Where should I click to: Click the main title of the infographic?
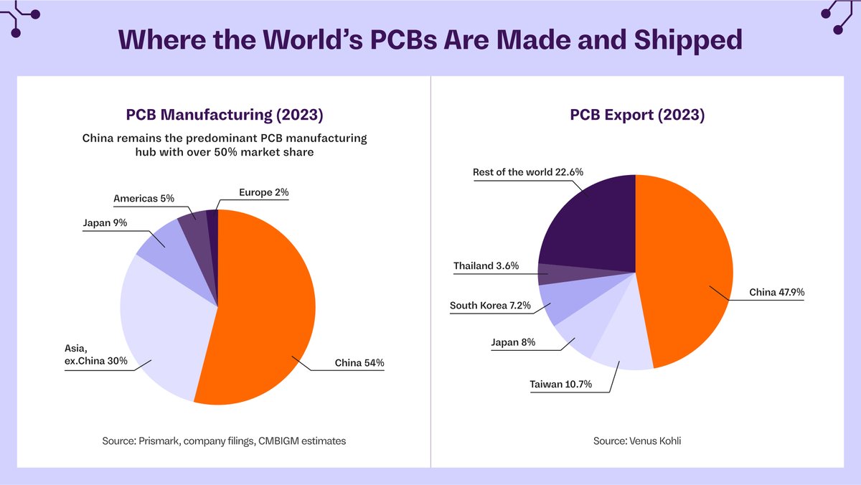coord(430,39)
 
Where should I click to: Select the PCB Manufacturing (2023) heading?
coord(224,115)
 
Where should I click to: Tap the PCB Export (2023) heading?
coord(637,115)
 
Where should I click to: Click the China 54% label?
coord(359,363)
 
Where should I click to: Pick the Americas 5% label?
coord(143,198)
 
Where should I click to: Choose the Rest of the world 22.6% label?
coord(528,172)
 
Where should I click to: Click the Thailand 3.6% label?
coord(486,266)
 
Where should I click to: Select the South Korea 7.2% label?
coord(490,306)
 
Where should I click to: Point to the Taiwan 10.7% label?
coord(560,385)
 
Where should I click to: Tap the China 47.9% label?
coord(776,293)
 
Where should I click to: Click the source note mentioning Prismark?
coord(224,441)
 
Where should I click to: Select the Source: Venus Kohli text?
coord(637,441)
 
